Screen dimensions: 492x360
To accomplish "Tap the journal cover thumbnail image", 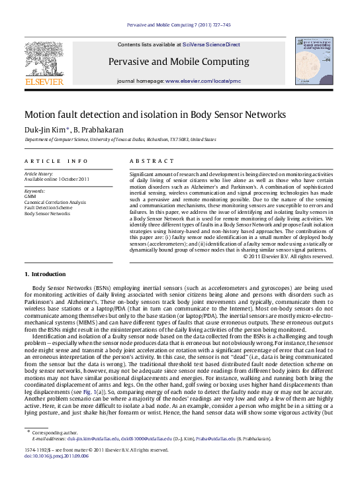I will click(315, 60).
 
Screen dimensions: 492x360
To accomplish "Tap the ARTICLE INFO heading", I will click(56, 161).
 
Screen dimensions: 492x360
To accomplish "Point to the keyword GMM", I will click(30, 197).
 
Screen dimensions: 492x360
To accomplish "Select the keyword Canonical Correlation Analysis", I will click(55, 203).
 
